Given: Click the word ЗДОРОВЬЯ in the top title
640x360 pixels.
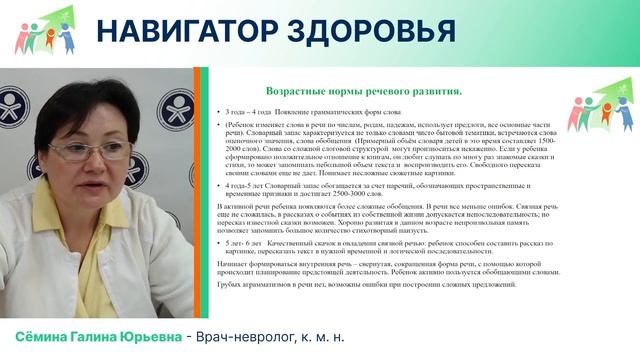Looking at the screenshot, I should coord(370,32).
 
